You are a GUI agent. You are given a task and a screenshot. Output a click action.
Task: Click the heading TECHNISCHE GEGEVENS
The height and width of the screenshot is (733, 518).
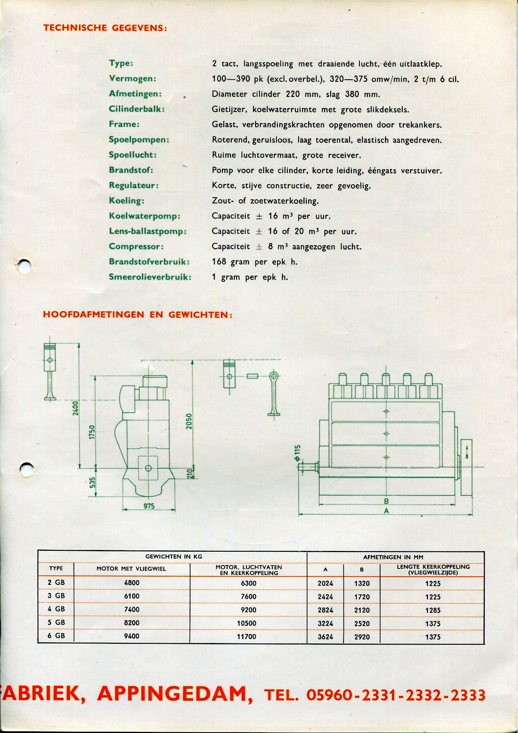coord(105,28)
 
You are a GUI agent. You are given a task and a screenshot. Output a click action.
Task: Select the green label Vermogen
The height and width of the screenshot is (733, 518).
coord(132,78)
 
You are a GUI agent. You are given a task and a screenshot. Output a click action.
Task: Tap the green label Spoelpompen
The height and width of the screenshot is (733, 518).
coord(139,140)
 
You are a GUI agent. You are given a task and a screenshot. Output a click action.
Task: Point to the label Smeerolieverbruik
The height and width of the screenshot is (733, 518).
coord(150,277)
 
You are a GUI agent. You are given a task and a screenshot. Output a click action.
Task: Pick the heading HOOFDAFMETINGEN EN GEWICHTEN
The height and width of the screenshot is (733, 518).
coord(137,314)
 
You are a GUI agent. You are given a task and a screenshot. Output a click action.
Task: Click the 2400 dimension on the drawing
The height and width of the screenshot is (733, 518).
coord(75,408)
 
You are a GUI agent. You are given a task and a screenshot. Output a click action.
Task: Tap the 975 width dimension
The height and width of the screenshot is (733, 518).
coord(149,506)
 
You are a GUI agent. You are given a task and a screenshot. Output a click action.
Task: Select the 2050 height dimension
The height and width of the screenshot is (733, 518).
coord(189,421)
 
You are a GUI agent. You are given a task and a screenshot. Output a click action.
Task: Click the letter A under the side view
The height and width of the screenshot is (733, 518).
coord(386,511)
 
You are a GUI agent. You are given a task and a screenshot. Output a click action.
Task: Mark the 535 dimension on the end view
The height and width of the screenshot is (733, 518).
coord(92,482)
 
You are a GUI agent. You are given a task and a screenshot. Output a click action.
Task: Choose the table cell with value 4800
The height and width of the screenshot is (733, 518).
coord(132,583)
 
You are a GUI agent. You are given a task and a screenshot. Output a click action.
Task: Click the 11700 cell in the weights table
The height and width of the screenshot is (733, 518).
coord(247,636)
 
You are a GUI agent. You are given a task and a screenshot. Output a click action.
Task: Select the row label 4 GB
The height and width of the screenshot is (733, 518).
coord(56,609)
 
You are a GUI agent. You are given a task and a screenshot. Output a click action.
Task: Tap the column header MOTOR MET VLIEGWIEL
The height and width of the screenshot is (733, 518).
coord(131,568)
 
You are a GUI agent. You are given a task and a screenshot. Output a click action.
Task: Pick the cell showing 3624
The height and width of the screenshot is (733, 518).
coord(325,637)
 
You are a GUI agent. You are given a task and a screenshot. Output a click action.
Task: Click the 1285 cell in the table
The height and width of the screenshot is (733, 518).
coord(433,610)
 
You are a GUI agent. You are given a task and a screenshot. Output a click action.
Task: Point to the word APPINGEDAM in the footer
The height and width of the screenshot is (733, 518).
coord(175,694)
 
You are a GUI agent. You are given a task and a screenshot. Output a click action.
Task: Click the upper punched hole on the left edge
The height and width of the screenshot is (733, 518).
coord(25,266)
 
